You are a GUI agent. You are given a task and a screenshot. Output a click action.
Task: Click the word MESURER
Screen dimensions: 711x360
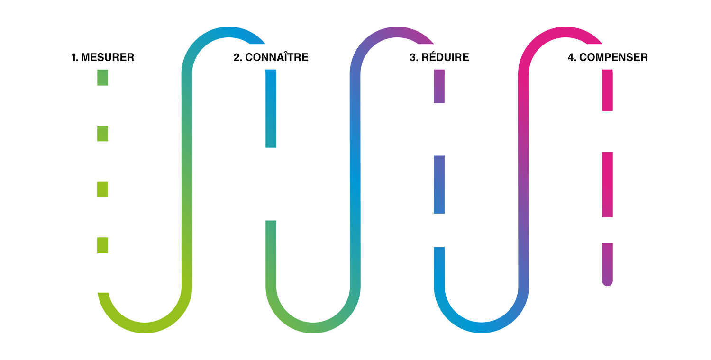coord(108,57)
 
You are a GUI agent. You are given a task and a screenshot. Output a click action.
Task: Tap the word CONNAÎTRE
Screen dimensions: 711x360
coord(277,57)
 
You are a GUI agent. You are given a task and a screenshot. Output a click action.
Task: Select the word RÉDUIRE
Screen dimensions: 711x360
coord(445,57)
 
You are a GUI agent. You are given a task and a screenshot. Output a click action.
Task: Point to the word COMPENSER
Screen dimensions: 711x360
coord(613,57)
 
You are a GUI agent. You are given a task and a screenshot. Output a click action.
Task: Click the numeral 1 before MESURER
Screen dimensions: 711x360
coord(74,57)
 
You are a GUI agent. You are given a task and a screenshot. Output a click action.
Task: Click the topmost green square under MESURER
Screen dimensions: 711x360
coord(102,77)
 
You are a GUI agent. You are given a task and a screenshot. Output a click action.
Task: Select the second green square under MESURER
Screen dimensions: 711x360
coord(102,134)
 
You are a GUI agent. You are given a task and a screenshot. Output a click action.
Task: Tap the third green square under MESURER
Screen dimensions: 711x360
coord(102,189)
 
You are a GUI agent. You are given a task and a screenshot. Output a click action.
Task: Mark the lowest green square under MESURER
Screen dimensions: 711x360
coord(102,245)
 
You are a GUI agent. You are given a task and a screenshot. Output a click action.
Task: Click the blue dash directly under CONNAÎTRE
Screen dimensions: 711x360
coord(271,108)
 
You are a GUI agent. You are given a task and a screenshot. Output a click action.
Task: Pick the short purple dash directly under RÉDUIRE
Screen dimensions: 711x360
coord(439,86)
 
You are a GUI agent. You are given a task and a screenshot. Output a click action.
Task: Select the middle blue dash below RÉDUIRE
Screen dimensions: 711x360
coord(439,185)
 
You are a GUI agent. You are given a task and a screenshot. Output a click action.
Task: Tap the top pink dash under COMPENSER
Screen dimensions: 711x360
coord(607,90)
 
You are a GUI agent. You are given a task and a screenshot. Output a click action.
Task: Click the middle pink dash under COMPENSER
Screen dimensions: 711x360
coord(607,185)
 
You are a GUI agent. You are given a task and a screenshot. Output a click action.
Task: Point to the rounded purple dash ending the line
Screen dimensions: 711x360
coord(607,264)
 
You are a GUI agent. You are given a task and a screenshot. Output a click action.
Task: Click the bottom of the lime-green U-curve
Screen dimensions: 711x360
coord(145,328)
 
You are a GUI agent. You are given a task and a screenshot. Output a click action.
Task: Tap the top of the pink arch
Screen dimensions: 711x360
coord(565,32)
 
